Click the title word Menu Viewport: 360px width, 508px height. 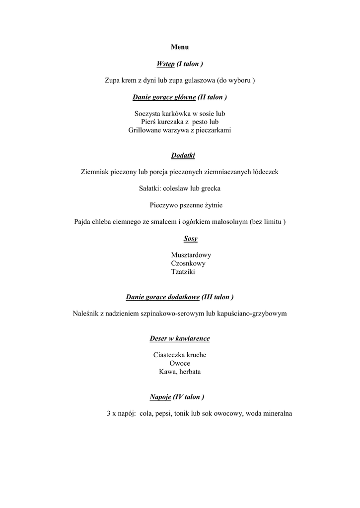(x=180, y=47)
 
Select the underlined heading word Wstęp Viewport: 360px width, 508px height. (x=165, y=64)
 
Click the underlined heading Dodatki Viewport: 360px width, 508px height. (x=183, y=156)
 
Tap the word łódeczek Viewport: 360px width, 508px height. (x=263, y=172)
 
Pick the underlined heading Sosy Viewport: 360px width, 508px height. (x=190, y=239)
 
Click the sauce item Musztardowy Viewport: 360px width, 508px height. (x=191, y=255)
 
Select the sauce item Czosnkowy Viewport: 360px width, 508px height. (x=188, y=263)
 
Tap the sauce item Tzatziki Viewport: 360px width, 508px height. (x=183, y=272)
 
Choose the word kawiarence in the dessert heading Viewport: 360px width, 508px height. (x=193, y=339)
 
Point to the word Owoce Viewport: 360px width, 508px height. (x=180, y=363)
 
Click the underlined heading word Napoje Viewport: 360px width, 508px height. (x=160, y=397)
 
